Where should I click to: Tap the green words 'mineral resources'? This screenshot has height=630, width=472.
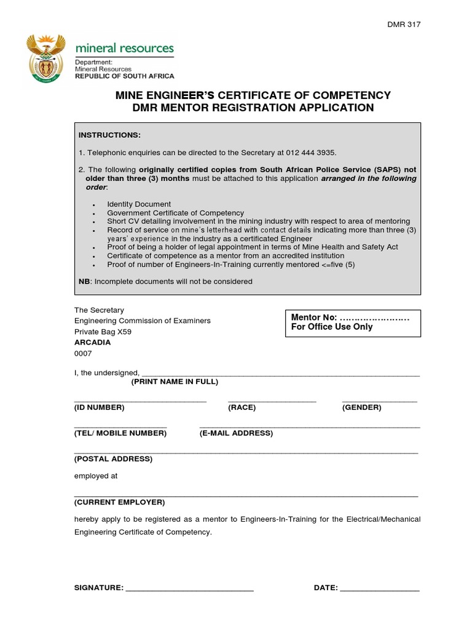coord(124,48)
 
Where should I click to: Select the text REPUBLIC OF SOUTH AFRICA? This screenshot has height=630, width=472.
coord(124,76)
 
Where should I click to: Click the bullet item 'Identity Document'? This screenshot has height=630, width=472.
coord(139,204)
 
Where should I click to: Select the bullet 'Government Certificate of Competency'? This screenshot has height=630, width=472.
coord(175,213)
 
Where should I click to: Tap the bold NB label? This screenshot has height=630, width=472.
coord(84,281)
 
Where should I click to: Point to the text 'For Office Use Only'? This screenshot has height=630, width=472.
coord(332,327)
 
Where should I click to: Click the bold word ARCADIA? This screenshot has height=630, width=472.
coord(92,342)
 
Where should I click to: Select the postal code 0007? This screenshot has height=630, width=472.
coord(82,353)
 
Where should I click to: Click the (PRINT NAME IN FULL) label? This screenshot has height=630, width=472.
coord(175,381)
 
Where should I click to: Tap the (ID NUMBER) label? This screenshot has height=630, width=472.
coord(99,407)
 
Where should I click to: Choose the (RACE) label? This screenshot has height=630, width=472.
coord(242,407)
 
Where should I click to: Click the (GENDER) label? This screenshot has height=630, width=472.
coord(361,407)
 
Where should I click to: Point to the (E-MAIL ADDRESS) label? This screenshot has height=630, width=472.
coord(236,433)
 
